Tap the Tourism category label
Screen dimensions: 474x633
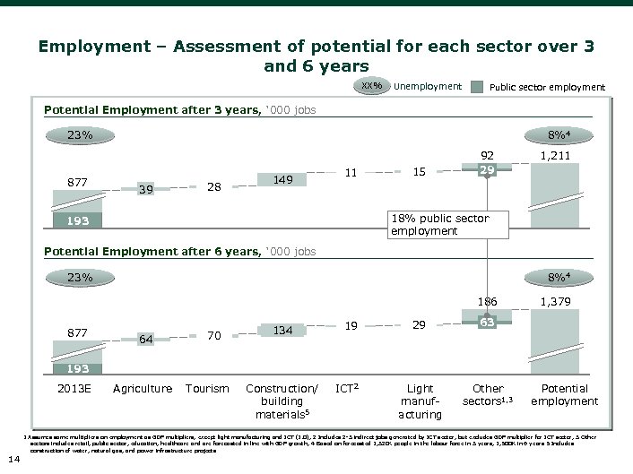206,389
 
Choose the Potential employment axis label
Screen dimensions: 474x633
566,395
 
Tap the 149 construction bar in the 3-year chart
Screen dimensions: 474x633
283,180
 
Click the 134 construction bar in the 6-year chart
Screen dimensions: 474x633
283,331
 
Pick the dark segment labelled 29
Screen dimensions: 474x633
487,168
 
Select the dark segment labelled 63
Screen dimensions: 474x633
487,318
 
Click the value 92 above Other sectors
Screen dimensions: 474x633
487,154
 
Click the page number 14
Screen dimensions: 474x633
12,460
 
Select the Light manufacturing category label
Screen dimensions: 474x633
421,401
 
